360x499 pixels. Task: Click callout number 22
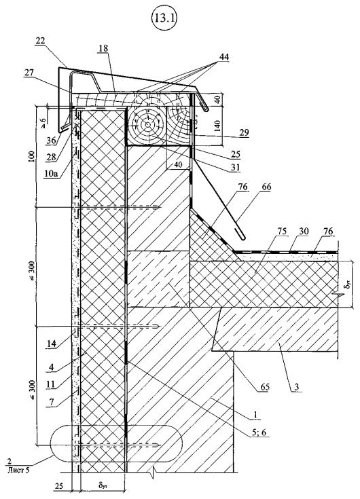coord(41,41)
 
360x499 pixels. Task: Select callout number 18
coord(103,48)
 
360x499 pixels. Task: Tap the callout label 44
coord(223,57)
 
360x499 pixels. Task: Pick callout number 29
coord(244,132)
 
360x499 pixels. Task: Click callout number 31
coord(236,166)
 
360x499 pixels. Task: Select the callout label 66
coord(266,187)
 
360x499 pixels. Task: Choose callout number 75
coord(283,232)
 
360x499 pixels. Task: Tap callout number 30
coord(304,231)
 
